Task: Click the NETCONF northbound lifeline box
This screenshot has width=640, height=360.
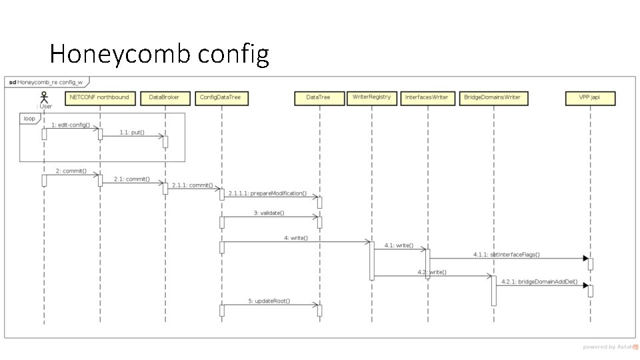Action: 100,98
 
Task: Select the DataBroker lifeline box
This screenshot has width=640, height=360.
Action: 164,98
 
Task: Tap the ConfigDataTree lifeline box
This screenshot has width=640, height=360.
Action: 220,98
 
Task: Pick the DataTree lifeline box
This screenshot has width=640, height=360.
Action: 318,98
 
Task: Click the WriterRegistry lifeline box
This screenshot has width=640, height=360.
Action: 372,97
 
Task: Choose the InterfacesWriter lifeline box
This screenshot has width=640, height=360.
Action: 427,98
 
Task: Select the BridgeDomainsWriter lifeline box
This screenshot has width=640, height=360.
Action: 493,98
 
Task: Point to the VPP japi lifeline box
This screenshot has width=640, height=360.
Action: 590,98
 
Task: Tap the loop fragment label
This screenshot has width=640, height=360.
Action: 29,118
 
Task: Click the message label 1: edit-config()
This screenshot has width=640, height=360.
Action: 71,125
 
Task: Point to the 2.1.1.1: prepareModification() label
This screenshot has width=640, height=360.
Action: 267,194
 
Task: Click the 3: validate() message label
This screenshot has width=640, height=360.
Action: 269,213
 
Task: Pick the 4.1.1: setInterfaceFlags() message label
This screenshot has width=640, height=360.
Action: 507,255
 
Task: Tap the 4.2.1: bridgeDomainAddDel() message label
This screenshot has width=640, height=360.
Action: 539,282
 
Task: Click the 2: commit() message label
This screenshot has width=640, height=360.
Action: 71,171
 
